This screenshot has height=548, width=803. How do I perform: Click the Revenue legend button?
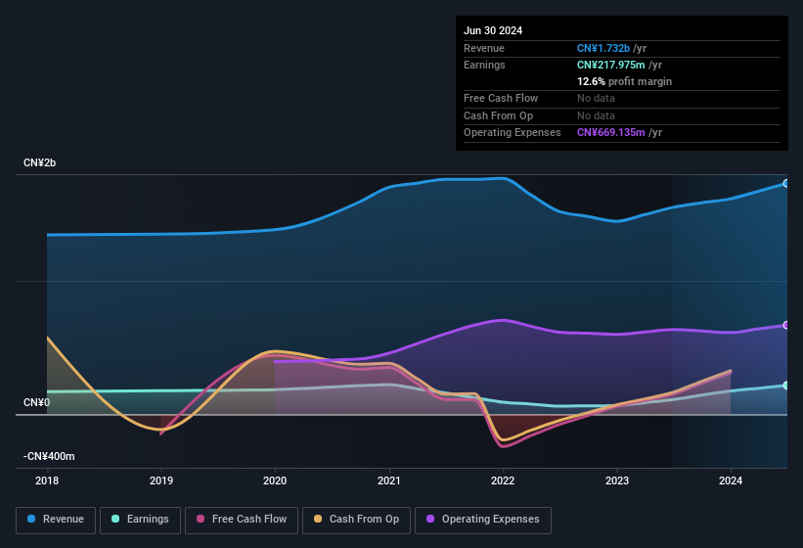tap(56, 520)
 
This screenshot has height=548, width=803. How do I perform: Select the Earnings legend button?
tap(139, 520)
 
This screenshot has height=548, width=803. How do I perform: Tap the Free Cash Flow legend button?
tap(241, 520)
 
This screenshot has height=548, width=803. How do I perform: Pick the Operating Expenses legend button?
tap(482, 520)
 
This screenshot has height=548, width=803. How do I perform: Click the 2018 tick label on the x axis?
tap(47, 480)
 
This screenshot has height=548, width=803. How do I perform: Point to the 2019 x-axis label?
tap(161, 480)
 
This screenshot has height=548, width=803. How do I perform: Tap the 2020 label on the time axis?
tap(275, 480)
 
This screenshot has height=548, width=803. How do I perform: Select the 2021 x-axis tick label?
tap(389, 480)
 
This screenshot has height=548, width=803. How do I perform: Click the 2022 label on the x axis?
tap(503, 480)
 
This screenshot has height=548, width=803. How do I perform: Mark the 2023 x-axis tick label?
tap(617, 480)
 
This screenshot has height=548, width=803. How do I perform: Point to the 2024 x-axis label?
tap(731, 480)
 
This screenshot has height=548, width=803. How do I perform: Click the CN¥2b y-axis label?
tap(40, 162)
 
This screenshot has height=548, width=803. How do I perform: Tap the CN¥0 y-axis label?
tap(36, 403)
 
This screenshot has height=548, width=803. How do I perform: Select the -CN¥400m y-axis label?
tap(49, 457)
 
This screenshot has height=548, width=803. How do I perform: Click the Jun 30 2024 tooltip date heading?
tap(493, 30)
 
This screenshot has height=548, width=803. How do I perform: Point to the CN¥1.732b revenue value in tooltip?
tap(603, 48)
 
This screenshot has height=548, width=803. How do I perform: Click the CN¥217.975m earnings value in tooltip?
tap(612, 65)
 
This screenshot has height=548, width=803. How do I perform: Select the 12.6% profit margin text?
tap(624, 81)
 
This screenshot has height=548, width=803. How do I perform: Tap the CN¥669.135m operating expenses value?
tap(612, 132)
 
